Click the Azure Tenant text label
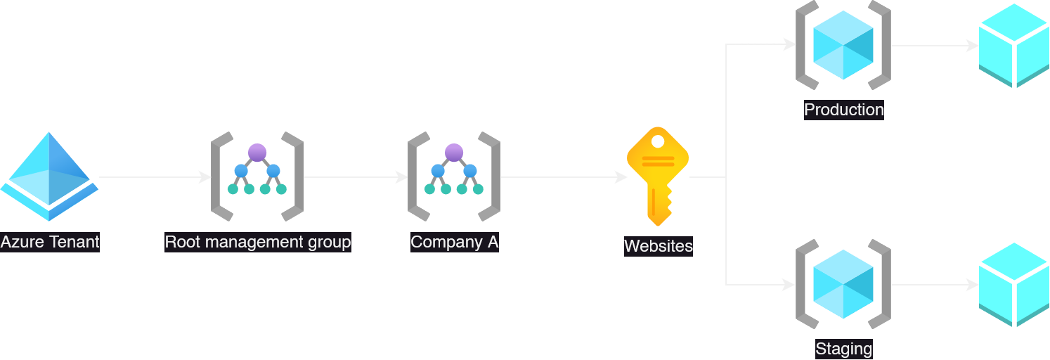click(50, 243)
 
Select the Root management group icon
click(257, 176)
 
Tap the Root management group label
click(257, 243)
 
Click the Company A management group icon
click(454, 176)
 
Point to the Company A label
click(454, 243)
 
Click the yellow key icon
click(657, 176)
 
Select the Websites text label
click(658, 246)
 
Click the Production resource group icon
click(843, 46)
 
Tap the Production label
click(843, 110)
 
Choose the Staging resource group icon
click(843, 284)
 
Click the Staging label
click(843, 349)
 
